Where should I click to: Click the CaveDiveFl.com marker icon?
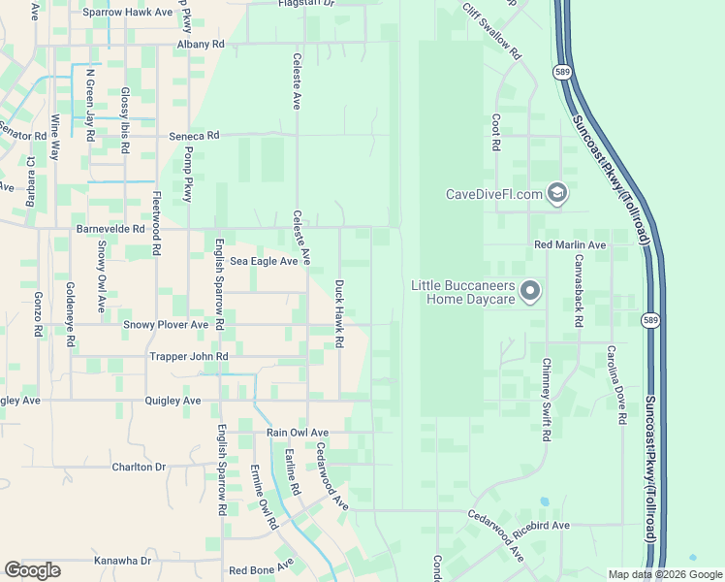click(x=556, y=194)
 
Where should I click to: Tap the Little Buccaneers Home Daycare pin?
click(x=530, y=291)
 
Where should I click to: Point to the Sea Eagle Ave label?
click(x=264, y=261)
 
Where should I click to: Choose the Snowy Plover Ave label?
click(x=166, y=325)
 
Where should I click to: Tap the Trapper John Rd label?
click(x=189, y=357)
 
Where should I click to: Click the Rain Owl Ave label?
click(x=298, y=433)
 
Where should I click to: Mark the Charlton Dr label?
click(x=140, y=467)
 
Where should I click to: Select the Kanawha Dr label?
click(x=123, y=561)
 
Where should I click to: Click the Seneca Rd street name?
click(x=195, y=136)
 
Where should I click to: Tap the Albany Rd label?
click(x=201, y=45)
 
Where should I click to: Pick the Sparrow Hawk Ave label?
click(x=127, y=13)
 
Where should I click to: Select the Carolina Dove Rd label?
click(x=615, y=385)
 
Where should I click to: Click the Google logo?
click(x=32, y=570)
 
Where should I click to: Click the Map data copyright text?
click(x=664, y=574)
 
